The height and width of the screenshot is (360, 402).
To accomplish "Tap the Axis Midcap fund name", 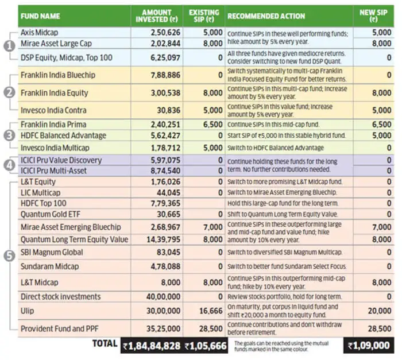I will pyautogui.click(x=40, y=33).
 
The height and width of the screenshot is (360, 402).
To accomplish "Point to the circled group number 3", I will pyautogui.click(x=9, y=136).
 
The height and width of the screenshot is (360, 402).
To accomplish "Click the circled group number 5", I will pyautogui.click(x=9, y=257).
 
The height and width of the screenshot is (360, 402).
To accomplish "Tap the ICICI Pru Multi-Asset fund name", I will pyautogui.click(x=55, y=171).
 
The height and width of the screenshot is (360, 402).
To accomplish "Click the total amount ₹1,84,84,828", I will pyautogui.click(x=152, y=346).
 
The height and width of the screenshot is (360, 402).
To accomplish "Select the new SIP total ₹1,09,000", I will pyautogui.click(x=371, y=346).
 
